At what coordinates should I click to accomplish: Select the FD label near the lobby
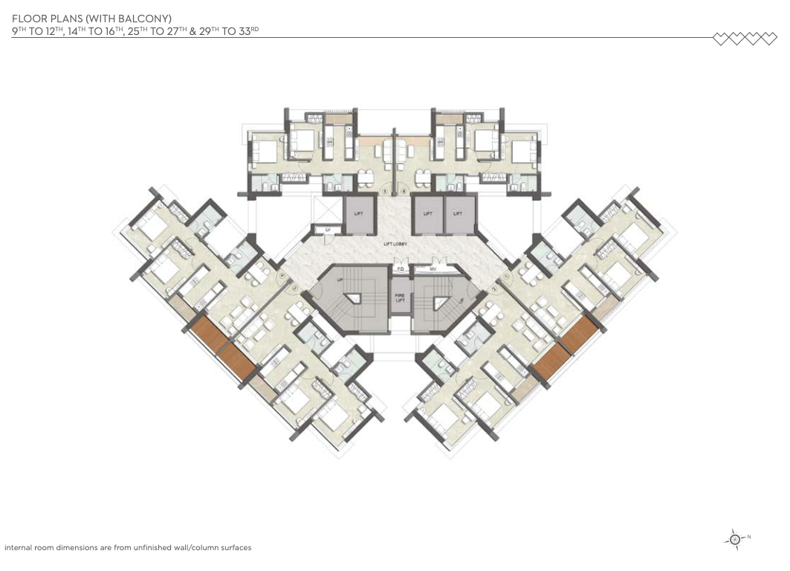[x=400, y=269]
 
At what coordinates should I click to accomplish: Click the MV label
[x=432, y=269]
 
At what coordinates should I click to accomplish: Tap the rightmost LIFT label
[x=459, y=213]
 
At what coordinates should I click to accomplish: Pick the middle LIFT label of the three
[x=427, y=213]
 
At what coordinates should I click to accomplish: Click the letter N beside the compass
[x=749, y=537]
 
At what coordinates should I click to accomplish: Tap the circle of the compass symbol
[x=735, y=540]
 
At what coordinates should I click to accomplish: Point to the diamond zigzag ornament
[x=744, y=38]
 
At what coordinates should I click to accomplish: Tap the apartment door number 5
[x=384, y=191]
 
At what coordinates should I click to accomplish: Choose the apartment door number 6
[x=403, y=191]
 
